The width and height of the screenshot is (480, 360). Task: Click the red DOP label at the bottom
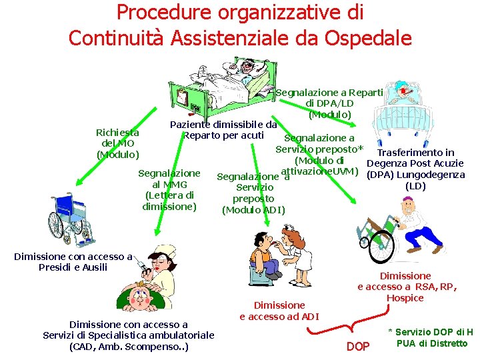(358, 346)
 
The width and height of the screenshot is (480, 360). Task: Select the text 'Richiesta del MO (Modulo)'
(117, 143)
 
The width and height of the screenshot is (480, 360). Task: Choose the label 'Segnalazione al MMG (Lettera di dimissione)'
(169, 190)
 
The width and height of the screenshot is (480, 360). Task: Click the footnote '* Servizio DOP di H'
(431, 332)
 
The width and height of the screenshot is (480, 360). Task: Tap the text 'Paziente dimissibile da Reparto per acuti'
(223, 130)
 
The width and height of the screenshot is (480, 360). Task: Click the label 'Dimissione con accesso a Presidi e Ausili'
(73, 261)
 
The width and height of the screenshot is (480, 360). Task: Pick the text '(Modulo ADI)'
(253, 210)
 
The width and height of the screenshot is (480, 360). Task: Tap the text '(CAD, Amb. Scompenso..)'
(129, 347)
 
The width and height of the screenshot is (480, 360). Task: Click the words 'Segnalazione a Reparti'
(329, 92)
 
